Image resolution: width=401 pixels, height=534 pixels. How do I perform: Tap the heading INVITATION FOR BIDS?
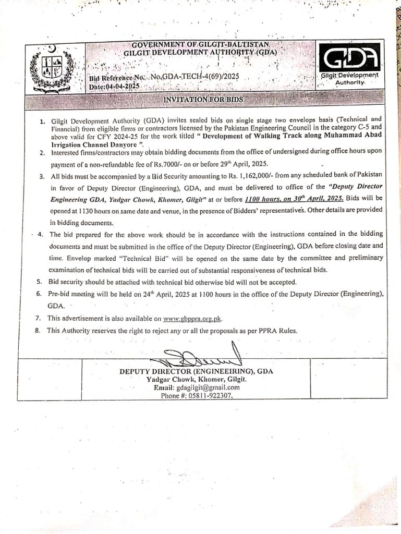click(203, 99)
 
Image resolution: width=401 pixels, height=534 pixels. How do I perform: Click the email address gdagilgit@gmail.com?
click(208, 387)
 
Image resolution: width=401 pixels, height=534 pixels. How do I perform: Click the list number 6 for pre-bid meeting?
click(39, 294)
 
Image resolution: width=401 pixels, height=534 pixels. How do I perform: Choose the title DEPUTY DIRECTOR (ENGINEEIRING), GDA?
click(196, 371)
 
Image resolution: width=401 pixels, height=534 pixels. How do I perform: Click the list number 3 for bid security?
click(41, 177)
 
